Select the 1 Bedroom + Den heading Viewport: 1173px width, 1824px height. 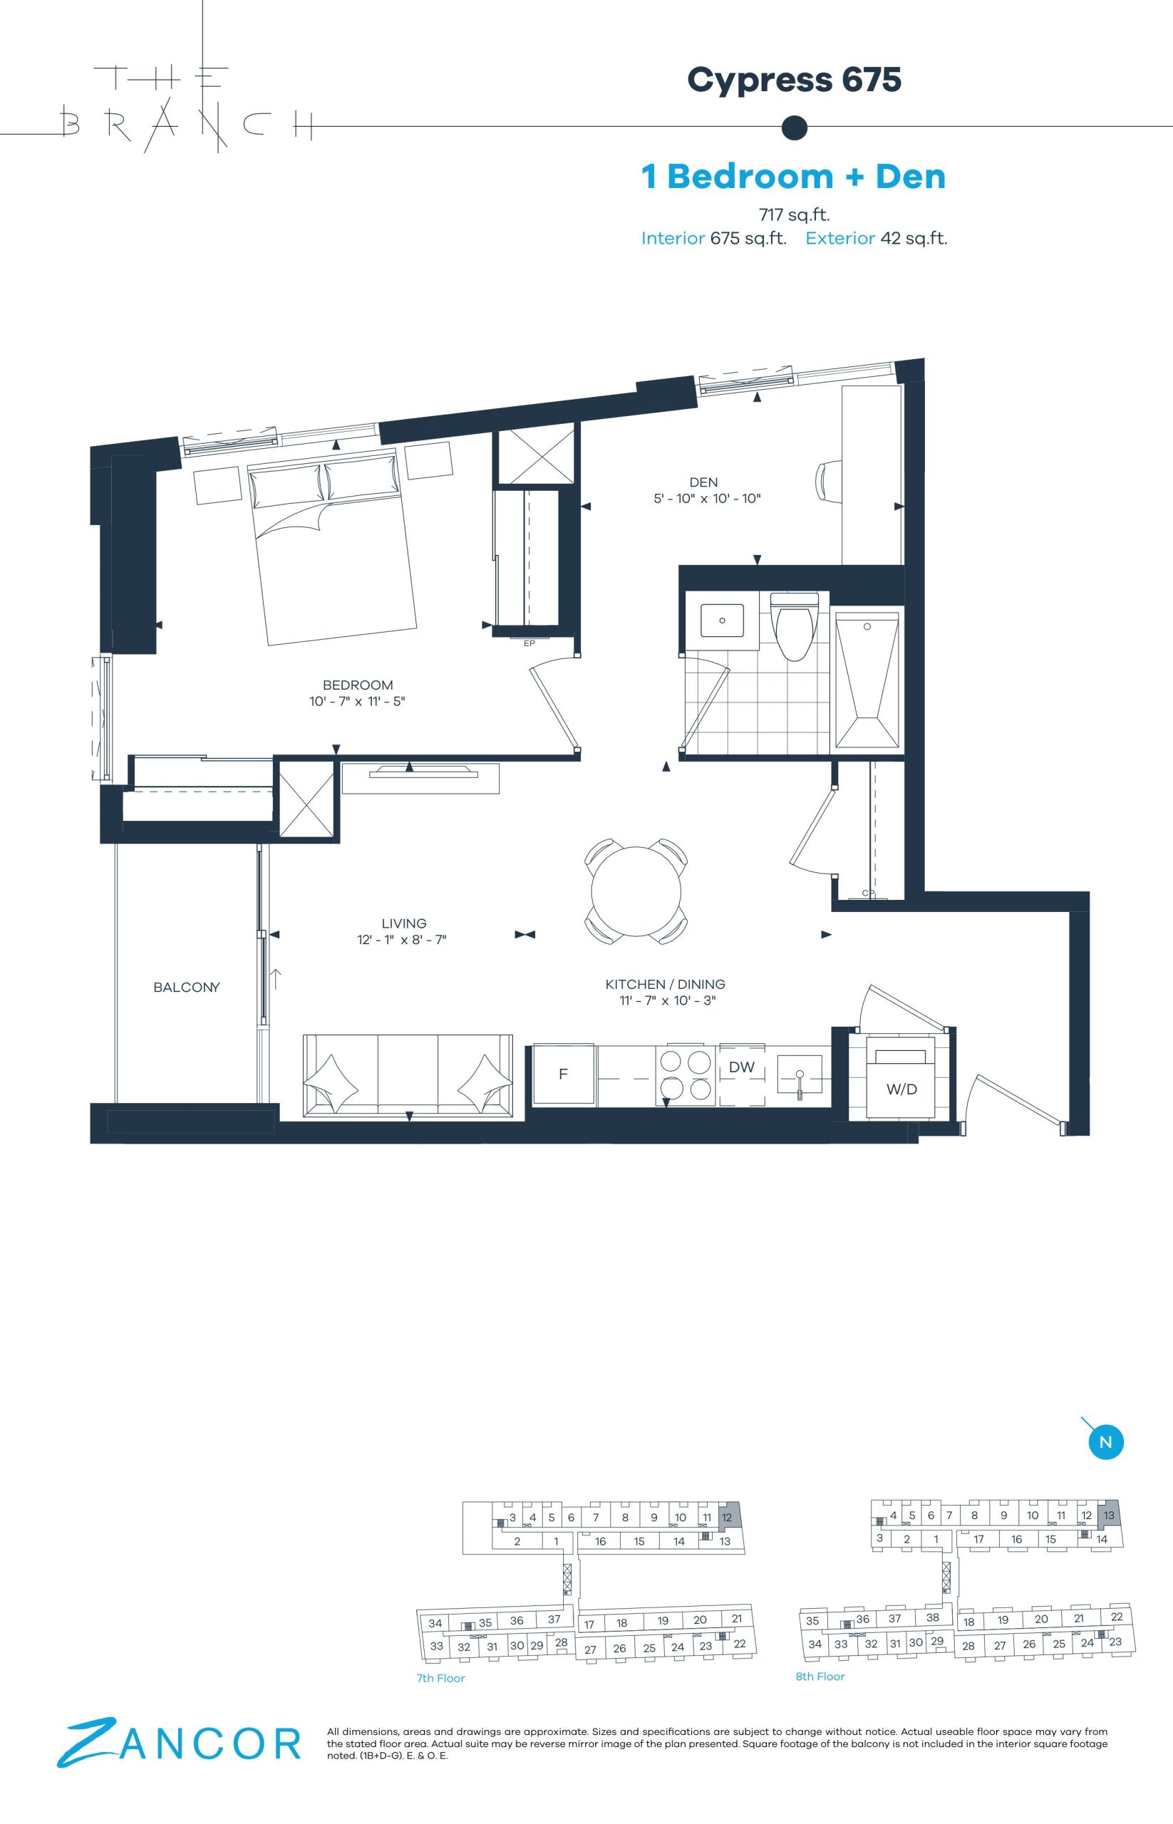coord(794,176)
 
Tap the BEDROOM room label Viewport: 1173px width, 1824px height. coord(358,685)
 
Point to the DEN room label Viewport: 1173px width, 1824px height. coord(703,482)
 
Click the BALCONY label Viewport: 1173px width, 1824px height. coord(187,987)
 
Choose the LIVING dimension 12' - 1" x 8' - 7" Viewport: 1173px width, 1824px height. coord(401,940)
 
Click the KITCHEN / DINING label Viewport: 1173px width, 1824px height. coord(665,984)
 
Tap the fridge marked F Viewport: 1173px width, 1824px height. coord(564,1074)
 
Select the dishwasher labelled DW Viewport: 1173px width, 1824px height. coord(742,1073)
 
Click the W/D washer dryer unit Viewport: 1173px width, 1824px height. coord(901,1077)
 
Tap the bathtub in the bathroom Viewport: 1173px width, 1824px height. coord(867,680)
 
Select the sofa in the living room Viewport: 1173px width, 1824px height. coord(408,1075)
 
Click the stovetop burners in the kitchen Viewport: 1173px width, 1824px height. coord(685,1074)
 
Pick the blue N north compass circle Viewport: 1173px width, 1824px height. coord(1106,1441)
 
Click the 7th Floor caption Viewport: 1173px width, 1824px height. coord(440,1678)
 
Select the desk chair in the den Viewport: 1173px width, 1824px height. coord(829,482)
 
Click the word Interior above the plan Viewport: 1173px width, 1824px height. coord(673,239)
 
